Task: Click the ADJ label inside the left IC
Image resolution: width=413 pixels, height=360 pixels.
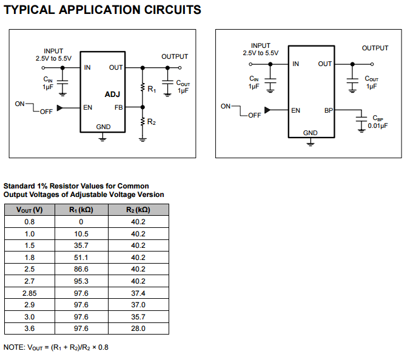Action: [112, 95]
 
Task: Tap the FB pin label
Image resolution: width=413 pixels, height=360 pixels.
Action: [119, 108]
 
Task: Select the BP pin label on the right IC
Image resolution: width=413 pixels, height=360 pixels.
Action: [328, 110]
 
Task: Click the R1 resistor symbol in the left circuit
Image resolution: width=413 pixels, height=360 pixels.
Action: [143, 88]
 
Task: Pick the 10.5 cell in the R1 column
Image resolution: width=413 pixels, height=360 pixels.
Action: [81, 233]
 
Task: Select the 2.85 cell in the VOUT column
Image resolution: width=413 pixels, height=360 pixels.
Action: [30, 293]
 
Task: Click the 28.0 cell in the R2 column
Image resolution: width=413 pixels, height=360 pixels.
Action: [138, 328]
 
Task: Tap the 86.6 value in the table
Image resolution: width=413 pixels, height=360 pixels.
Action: [81, 269]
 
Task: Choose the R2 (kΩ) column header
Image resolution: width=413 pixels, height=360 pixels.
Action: [138, 210]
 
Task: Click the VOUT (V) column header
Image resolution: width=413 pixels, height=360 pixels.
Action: [30, 210]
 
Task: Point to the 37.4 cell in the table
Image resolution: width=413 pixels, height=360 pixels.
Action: [138, 293]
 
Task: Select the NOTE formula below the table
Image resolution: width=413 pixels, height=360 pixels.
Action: [56, 347]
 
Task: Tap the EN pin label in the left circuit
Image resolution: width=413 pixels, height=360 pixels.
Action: [88, 108]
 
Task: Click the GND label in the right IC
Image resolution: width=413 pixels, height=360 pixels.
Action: [310, 133]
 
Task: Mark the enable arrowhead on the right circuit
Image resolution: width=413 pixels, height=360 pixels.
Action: [267, 110]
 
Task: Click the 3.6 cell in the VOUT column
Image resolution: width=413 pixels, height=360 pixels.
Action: [30, 328]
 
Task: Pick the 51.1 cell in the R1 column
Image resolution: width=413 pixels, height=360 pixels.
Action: [81, 257]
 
